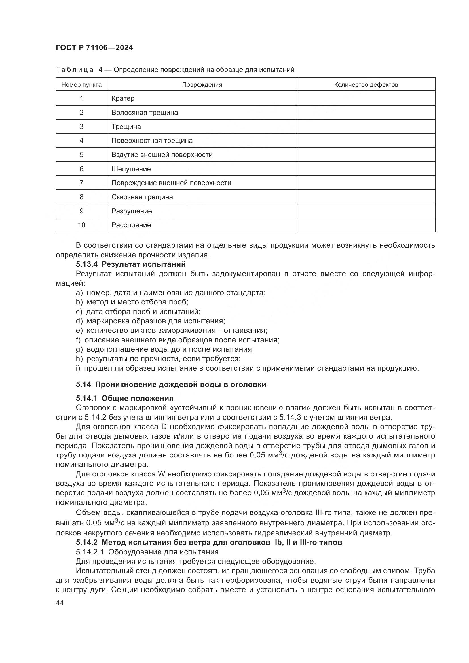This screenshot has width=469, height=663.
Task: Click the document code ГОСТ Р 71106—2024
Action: click(94, 48)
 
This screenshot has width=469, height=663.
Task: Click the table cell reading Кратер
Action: click(123, 98)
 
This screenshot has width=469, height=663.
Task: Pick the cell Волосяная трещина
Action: click(145, 113)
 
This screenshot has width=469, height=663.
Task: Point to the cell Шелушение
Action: click(131, 169)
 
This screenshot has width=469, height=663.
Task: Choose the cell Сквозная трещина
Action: click(142, 197)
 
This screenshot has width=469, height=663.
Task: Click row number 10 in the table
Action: click(81, 225)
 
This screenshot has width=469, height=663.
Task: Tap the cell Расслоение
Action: click(131, 225)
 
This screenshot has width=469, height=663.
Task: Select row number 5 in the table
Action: click(81, 155)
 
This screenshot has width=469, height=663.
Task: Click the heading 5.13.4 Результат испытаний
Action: click(131, 264)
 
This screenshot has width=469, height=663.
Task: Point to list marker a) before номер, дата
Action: click(79, 293)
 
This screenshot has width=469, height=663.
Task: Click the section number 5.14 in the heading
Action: click(83, 385)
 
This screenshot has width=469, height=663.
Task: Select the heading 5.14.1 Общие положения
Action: click(125, 399)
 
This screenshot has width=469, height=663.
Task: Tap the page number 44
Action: click(60, 603)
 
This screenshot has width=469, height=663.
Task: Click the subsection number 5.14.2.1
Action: click(90, 552)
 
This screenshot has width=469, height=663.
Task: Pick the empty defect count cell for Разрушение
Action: click(366, 211)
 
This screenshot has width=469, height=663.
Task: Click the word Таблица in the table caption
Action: click(75, 70)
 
